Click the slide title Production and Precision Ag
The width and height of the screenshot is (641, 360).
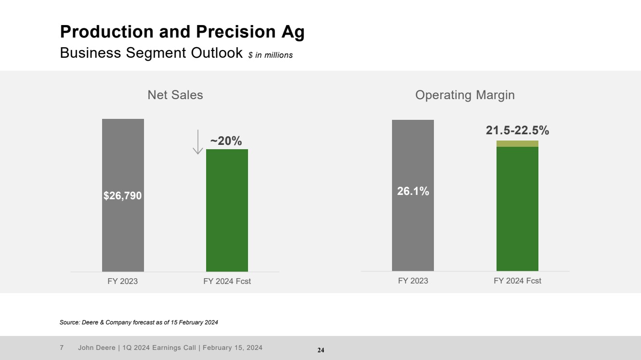[182, 32]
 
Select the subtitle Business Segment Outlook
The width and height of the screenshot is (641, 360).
[151, 53]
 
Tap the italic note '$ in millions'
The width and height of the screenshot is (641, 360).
[270, 55]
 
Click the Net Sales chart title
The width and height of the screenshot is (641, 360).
[175, 95]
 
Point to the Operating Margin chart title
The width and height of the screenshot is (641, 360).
[465, 95]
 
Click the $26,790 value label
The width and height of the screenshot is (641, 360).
[123, 195]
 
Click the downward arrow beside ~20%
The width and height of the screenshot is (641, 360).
[197, 145]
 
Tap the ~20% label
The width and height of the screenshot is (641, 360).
[226, 141]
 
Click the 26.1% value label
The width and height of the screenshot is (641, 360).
[413, 191]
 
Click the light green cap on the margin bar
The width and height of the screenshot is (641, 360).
[517, 143]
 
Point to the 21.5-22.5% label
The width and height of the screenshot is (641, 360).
[517, 130]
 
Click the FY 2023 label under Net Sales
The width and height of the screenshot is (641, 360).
[122, 282]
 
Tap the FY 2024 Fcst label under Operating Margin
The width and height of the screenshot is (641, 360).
[517, 281]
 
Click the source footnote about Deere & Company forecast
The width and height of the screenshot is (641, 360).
[139, 322]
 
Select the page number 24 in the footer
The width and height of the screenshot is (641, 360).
[321, 350]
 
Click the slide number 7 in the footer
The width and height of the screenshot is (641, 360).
[62, 347]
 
